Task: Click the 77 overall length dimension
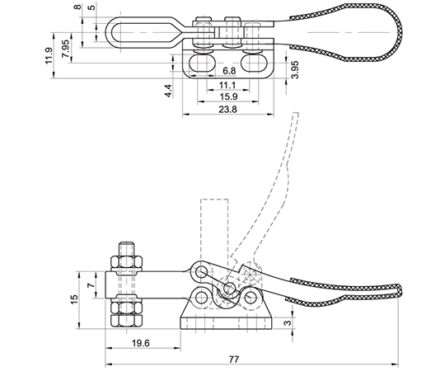coord(234,359)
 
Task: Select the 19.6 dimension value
coord(140,343)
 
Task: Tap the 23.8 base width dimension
coord(227,110)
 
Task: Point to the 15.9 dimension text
coord(228,96)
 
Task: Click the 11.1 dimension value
coord(227,85)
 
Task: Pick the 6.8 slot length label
coord(229,71)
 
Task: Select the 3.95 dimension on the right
coord(295,69)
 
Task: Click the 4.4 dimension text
coord(168,91)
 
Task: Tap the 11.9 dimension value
coord(49,55)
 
